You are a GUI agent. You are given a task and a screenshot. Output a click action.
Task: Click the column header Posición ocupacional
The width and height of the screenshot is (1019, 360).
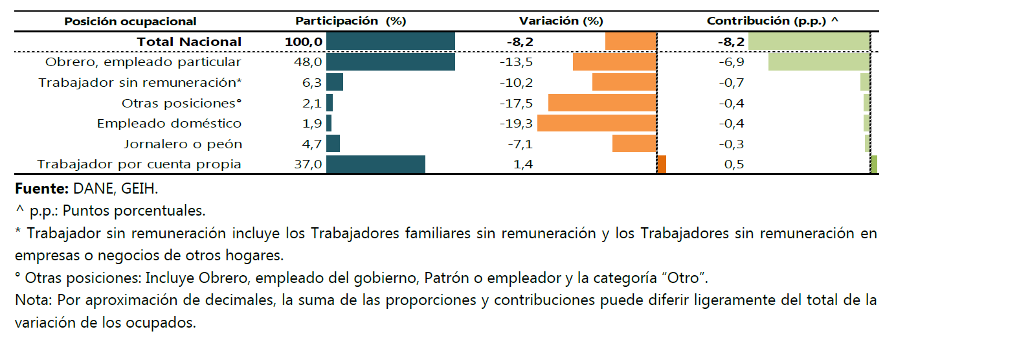(130, 21)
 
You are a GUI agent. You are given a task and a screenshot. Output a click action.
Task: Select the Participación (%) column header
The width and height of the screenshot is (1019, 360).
(350, 21)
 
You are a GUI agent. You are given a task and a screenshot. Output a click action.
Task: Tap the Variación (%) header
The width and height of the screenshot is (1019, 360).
(561, 21)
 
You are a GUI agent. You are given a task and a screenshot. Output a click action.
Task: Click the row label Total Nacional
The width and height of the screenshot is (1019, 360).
(189, 42)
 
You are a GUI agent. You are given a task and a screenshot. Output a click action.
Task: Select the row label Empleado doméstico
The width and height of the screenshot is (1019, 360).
(169, 123)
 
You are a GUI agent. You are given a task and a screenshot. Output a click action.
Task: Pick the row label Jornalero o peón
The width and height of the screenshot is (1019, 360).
(183, 144)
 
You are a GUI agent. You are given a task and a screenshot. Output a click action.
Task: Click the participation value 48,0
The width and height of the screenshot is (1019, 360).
(308, 62)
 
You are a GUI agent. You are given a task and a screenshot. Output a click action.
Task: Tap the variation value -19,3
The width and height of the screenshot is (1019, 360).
(516, 123)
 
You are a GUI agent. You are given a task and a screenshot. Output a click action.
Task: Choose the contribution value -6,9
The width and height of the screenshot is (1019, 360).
(732, 62)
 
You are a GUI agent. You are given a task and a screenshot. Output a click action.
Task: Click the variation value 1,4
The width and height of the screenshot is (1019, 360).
(522, 164)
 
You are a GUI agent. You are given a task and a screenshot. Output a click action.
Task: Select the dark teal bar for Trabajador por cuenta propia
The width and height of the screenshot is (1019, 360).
(375, 164)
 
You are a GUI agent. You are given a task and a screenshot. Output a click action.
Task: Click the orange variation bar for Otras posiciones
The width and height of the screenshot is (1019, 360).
(602, 103)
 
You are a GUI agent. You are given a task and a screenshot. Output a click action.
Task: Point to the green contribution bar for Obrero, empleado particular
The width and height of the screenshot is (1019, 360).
(819, 62)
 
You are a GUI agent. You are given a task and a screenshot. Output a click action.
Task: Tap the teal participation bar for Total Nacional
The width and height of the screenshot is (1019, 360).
(390, 42)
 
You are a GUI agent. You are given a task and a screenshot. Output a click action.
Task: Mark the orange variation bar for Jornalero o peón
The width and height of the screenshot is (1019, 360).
(634, 144)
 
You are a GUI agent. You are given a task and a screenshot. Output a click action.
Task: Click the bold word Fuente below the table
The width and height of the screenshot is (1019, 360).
(41, 188)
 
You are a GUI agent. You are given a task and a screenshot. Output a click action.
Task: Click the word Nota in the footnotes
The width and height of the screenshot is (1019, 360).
(34, 300)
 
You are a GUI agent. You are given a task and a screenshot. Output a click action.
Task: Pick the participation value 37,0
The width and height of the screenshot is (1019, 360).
(308, 164)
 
